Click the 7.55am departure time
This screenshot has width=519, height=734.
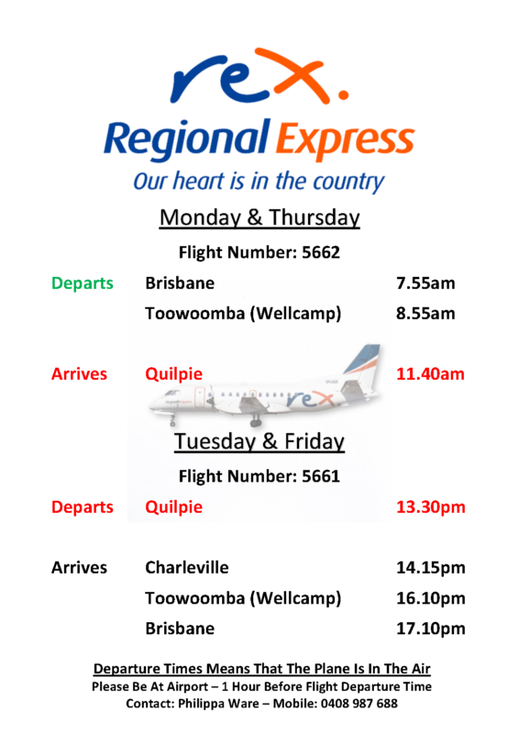tap(425, 284)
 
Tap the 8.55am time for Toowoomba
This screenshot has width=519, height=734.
tap(425, 314)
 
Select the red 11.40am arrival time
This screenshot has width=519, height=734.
tap(430, 374)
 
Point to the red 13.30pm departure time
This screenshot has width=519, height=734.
tap(430, 507)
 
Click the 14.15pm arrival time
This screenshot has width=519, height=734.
tap(430, 568)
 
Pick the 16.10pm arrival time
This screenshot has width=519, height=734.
tap(430, 599)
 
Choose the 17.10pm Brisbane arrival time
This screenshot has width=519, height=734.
tap(430, 629)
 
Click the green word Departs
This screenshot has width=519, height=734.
tap(82, 284)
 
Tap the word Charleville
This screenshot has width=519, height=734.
tap(187, 568)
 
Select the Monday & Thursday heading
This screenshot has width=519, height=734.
tap(259, 218)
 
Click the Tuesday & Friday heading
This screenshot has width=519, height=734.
tap(259, 442)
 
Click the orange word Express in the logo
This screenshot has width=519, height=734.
tap(344, 142)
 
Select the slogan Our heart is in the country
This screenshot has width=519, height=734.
tap(259, 180)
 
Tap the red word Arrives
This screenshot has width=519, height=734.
tap(79, 374)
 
